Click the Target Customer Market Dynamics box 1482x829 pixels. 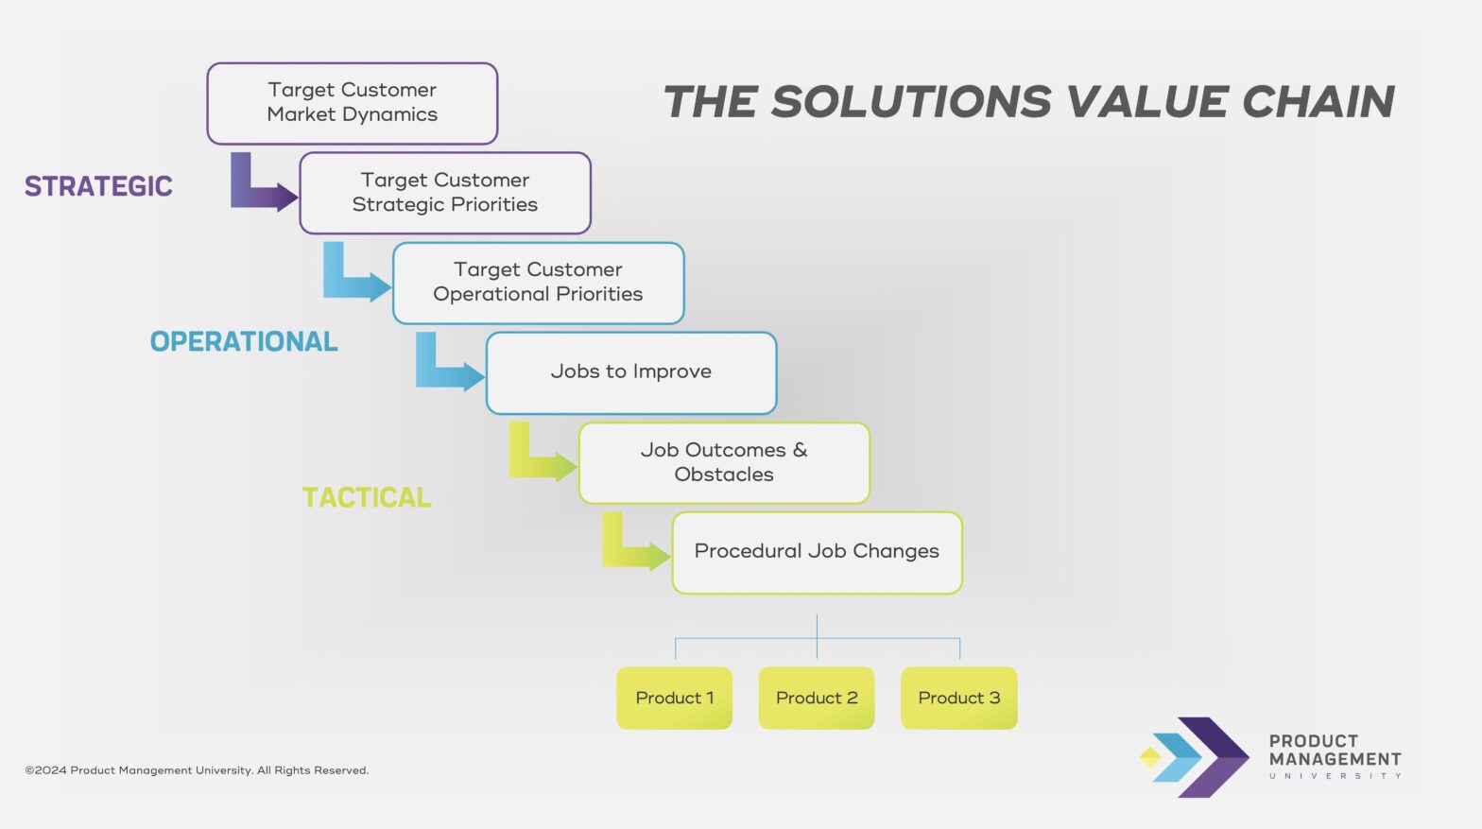[352, 103]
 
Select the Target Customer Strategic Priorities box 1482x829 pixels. [444, 193]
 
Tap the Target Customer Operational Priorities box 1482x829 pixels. [538, 283]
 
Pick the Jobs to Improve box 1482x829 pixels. [630, 372]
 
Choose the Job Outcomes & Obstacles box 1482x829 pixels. [723, 462]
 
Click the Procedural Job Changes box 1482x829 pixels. [817, 552]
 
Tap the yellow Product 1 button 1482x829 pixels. [674, 698]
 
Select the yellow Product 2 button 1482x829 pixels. [817, 698]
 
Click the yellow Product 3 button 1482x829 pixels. [958, 698]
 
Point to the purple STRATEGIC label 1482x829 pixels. [98, 186]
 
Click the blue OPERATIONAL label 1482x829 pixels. [244, 341]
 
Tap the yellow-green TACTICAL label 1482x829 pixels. [367, 497]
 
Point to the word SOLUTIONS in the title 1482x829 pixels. [910, 102]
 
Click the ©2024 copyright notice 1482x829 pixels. [197, 770]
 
